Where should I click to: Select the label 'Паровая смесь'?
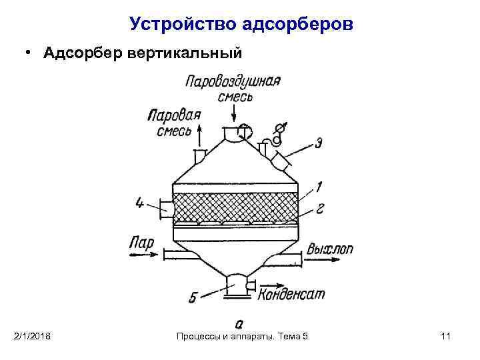pyautogui.click(x=175, y=122)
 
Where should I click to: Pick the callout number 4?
pyautogui.click(x=139, y=203)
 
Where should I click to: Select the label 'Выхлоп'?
pyautogui.click(x=330, y=251)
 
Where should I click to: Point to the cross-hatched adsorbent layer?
pyautogui.click(x=234, y=207)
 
